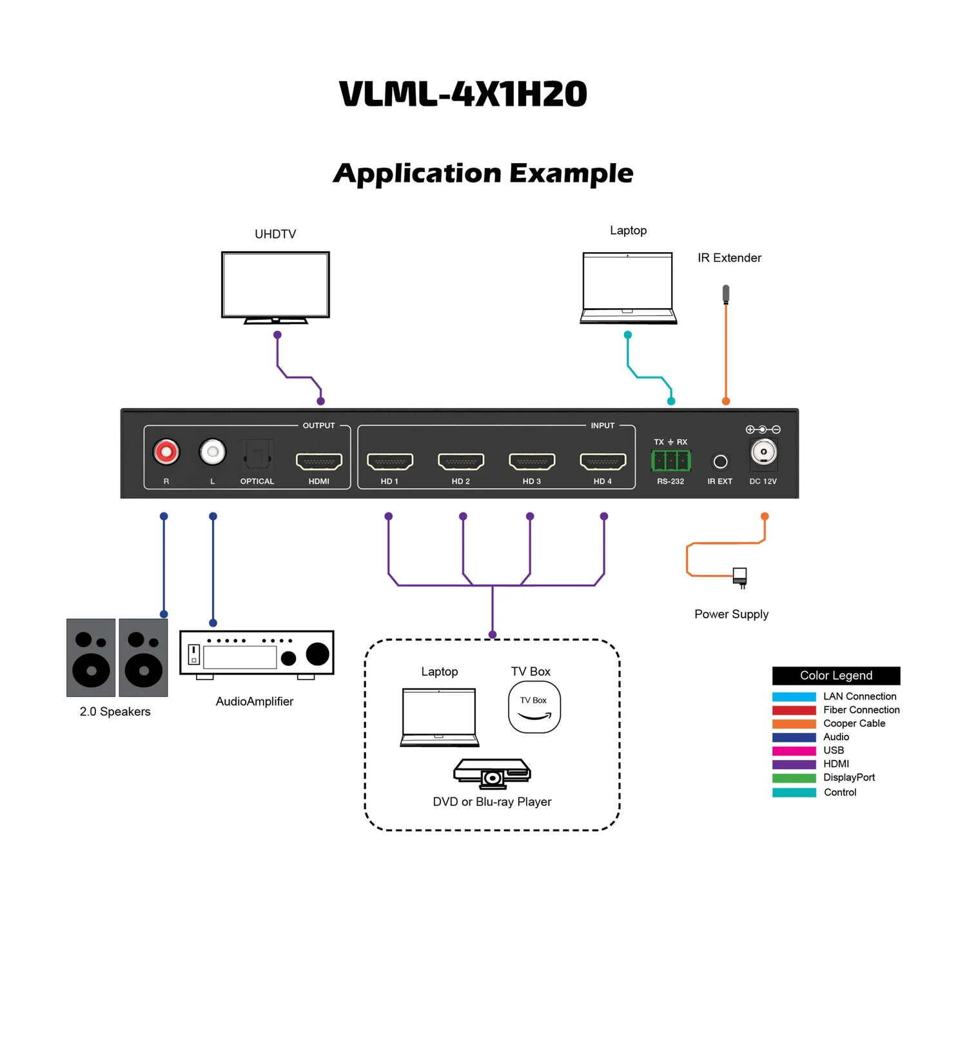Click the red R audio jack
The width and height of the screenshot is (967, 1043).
point(166,452)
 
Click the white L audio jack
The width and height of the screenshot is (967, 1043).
point(213,452)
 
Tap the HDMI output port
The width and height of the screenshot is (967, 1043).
point(319,462)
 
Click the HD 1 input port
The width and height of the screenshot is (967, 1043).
point(390,462)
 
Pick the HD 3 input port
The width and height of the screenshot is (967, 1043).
point(532,462)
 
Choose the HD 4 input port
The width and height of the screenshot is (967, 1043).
point(603,462)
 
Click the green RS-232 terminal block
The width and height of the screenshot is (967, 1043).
point(670,461)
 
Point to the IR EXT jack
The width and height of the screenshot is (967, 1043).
point(720,462)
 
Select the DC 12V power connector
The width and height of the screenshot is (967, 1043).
point(763,452)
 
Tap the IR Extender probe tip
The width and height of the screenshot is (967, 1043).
point(726,294)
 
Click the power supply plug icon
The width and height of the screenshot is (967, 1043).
point(740,576)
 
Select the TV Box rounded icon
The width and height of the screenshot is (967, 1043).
point(534,707)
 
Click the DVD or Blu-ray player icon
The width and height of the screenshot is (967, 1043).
point(492,773)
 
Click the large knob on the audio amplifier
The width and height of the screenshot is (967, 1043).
point(317,653)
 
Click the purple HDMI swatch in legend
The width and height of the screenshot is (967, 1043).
point(794,764)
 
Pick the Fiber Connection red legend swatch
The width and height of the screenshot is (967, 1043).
point(794,710)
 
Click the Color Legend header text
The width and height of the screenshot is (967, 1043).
point(835,676)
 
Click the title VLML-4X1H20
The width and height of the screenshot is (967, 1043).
point(463,94)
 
